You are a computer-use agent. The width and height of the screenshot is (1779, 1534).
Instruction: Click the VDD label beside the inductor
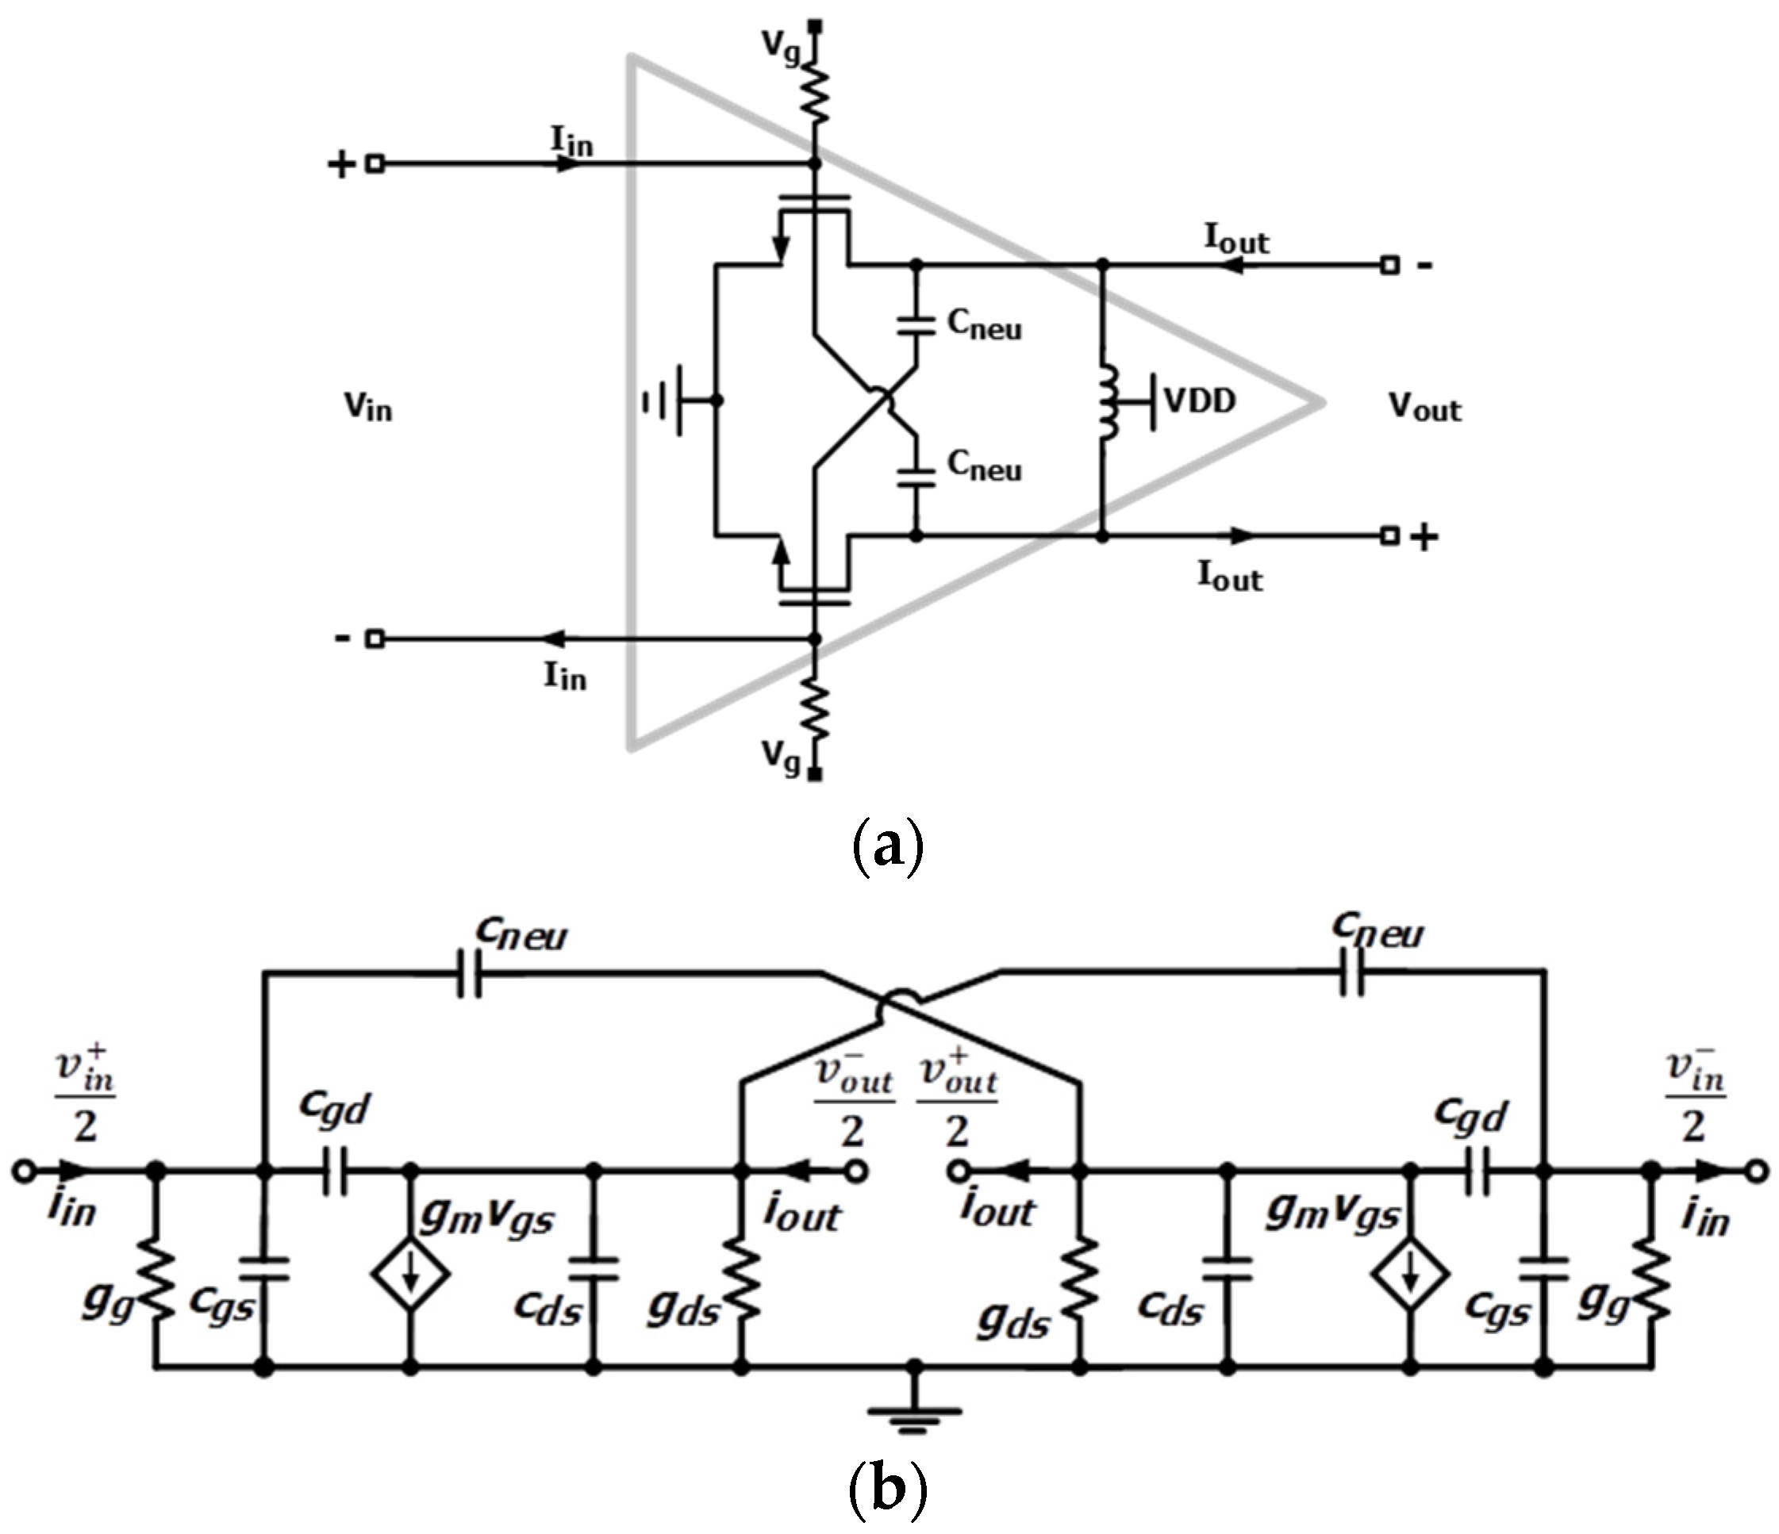[x=1200, y=400]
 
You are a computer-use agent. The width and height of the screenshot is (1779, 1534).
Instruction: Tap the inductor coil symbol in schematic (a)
[x=1107, y=401]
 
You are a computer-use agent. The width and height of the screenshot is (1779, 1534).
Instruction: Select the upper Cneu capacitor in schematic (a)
[x=916, y=324]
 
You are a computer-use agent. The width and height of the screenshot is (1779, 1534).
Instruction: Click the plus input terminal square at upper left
[x=375, y=163]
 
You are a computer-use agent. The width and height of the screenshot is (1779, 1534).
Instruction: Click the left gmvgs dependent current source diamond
[x=411, y=1273]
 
